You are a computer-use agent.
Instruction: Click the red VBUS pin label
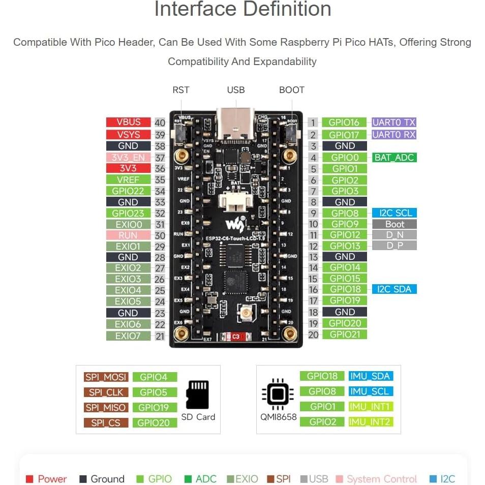pyautogui.click(x=129, y=122)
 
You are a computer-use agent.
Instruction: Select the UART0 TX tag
pyautogui.click(x=394, y=122)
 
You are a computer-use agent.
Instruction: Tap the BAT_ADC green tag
pyautogui.click(x=394, y=157)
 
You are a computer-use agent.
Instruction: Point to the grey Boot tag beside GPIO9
pyautogui.click(x=395, y=224)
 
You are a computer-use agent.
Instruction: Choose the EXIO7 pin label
pyautogui.click(x=128, y=336)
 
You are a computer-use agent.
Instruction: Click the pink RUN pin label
pyautogui.click(x=128, y=235)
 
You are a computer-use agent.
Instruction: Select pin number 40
pyautogui.click(x=160, y=123)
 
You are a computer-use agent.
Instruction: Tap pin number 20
pyautogui.click(x=313, y=335)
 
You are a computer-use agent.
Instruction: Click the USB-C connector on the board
pyautogui.click(x=236, y=125)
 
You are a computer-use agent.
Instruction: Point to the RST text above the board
pyautogui.click(x=181, y=90)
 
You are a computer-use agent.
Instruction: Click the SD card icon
pyautogui.click(x=198, y=395)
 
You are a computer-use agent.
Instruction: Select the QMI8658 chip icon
pyautogui.click(x=278, y=394)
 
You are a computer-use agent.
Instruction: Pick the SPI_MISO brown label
pyautogui.click(x=106, y=407)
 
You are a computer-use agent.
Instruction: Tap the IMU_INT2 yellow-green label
pyautogui.click(x=371, y=421)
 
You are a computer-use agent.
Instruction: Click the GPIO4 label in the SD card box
pyautogui.click(x=154, y=377)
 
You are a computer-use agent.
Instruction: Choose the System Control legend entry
pyautogui.click(x=382, y=479)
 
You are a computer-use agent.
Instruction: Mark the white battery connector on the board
pyautogui.click(x=236, y=201)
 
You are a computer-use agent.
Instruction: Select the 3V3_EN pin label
pyautogui.click(x=128, y=157)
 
